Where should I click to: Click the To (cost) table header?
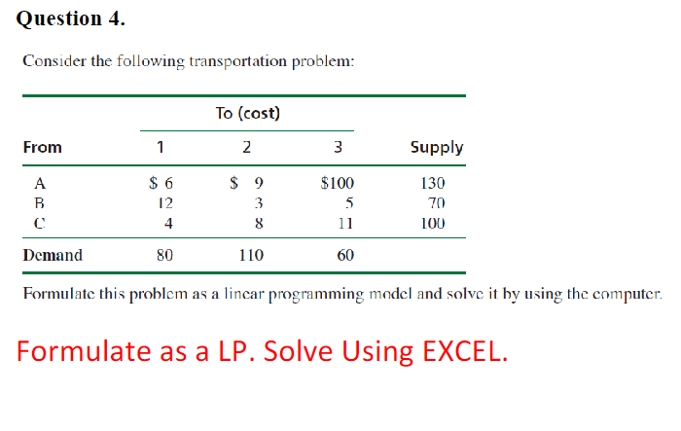pyautogui.click(x=247, y=114)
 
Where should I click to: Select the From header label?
pyautogui.click(x=42, y=148)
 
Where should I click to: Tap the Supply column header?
pyautogui.click(x=437, y=148)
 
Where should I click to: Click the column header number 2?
pyautogui.click(x=247, y=148)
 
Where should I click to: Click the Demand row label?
pyautogui.click(x=52, y=256)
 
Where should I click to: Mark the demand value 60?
pyautogui.click(x=345, y=256)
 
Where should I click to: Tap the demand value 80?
pyautogui.click(x=164, y=256)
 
